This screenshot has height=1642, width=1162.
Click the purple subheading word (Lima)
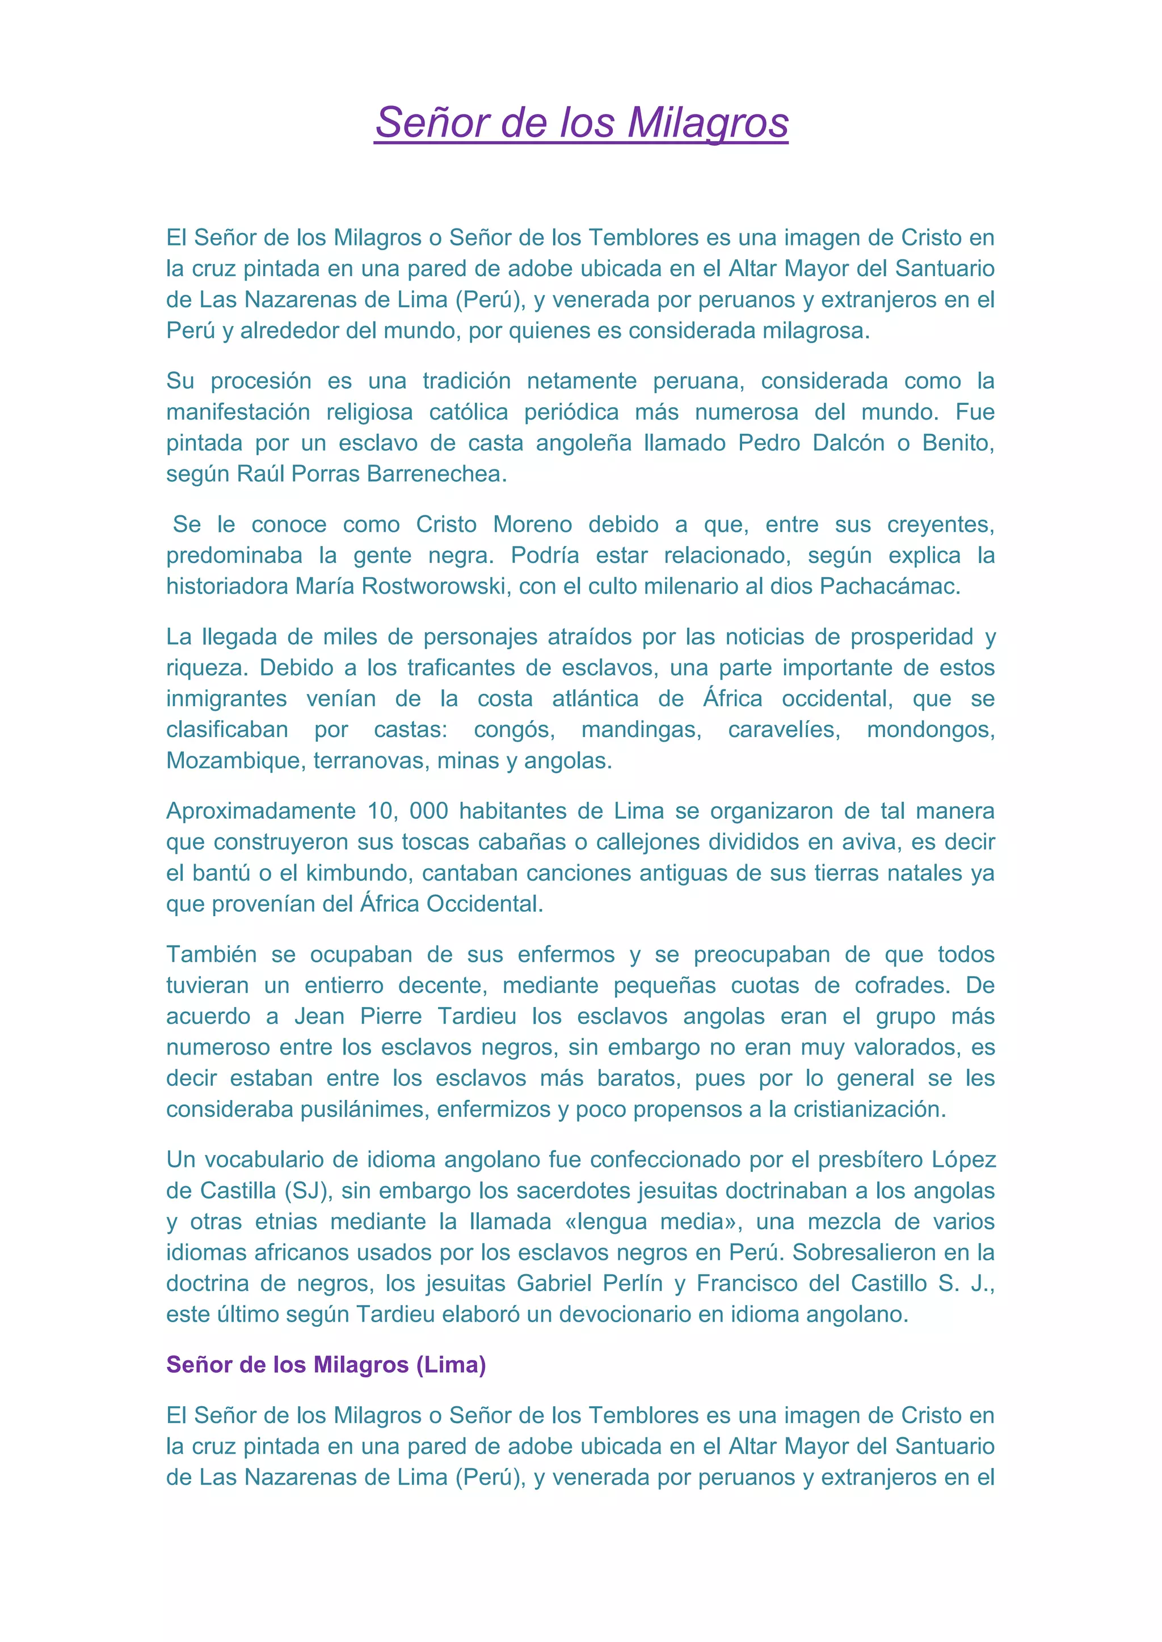pyautogui.click(x=452, y=1365)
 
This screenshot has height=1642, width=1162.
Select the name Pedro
pyautogui.click(x=767, y=443)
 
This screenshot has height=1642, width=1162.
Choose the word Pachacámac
pyautogui.click(x=890, y=586)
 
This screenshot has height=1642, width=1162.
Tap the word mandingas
pyautogui.click(x=641, y=730)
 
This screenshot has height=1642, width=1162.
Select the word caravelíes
pyautogui.click(x=784, y=730)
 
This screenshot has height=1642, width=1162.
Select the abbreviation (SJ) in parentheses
pyautogui.click(x=308, y=1191)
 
